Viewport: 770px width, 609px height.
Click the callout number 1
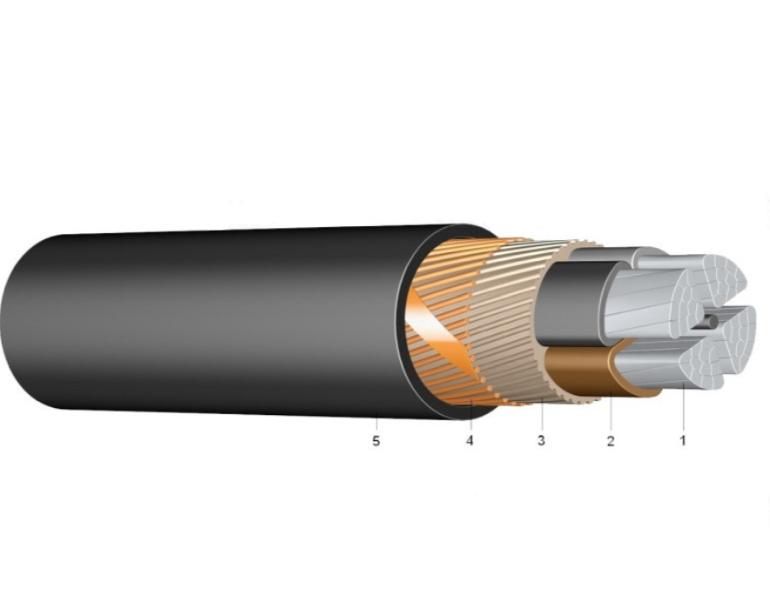[683, 440]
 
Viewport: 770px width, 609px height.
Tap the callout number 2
[611, 440]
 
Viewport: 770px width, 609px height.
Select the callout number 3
[541, 440]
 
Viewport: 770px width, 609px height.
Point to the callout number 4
[470, 440]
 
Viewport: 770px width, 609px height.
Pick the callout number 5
[376, 441]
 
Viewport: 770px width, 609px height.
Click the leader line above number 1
[683, 408]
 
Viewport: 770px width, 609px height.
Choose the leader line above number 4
[471, 416]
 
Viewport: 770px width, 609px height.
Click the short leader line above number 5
[377, 425]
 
